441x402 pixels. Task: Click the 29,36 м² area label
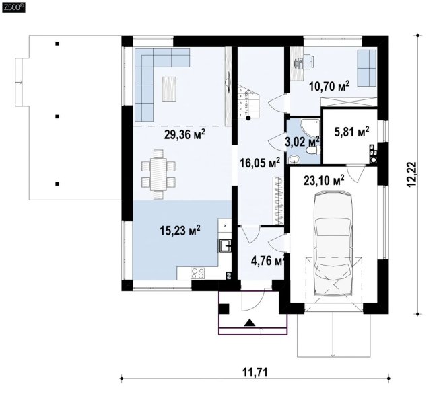tap(184, 134)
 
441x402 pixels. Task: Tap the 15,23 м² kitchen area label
tap(180, 231)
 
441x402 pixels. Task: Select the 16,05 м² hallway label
tap(260, 163)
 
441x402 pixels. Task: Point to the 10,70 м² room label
tap(329, 86)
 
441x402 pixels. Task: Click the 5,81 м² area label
tap(352, 132)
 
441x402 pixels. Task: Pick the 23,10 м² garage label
tap(324, 181)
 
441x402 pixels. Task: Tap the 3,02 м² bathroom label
tap(302, 142)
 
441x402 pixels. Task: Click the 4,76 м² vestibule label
tap(268, 261)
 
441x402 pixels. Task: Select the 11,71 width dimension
tap(255, 373)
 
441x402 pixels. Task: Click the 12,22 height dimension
tap(411, 174)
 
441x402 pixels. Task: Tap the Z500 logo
tap(13, 7)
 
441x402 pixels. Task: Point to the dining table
tap(159, 174)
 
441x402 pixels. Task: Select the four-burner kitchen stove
tap(197, 273)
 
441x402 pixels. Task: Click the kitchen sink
tap(225, 246)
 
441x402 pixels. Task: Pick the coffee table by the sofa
tap(169, 89)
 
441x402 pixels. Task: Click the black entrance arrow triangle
tap(250, 323)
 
